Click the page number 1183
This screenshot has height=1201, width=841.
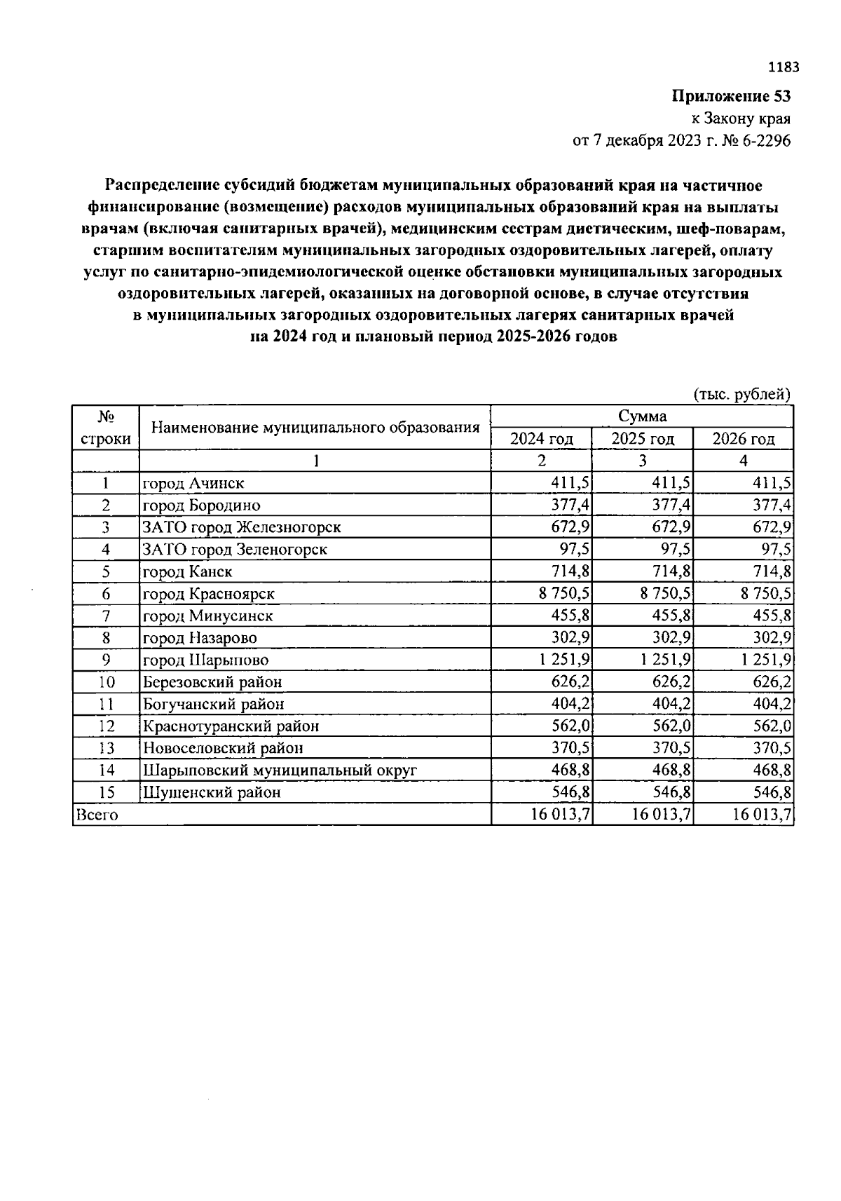783,68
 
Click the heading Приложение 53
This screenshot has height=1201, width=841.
731,96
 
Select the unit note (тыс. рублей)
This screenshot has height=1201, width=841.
741,394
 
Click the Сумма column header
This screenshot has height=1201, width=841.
642,416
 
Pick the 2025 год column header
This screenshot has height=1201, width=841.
643,439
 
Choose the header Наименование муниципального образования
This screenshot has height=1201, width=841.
315,427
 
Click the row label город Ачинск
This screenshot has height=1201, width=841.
193,483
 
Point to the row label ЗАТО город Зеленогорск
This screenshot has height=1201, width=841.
235,549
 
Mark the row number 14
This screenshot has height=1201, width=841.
106,770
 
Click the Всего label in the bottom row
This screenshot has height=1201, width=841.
97,815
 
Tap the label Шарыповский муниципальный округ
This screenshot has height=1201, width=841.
280,770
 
